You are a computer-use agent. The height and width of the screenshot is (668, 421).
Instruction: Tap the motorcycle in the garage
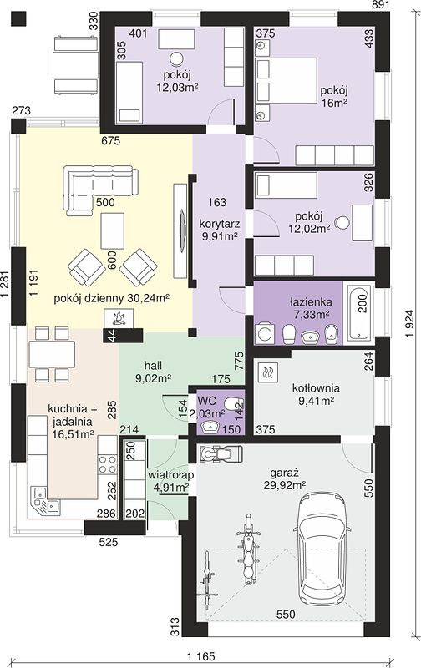tap(248, 549)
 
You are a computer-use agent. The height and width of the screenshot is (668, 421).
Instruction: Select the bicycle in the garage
tap(208, 576)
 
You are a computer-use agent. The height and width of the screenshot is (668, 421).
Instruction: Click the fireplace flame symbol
tap(119, 318)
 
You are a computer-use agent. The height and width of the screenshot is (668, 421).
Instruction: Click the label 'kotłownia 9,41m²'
tap(316, 394)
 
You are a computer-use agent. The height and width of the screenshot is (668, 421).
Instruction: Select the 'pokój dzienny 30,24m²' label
tap(112, 298)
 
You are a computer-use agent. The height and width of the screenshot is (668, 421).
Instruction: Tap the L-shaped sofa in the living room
tap(101, 187)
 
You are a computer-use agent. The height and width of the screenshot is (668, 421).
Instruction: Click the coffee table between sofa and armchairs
tap(113, 231)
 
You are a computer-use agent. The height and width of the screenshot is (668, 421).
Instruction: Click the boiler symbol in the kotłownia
tap(268, 373)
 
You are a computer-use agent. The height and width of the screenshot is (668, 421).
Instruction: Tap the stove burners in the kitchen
tap(108, 464)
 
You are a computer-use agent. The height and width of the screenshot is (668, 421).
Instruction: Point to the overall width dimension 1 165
tap(200, 656)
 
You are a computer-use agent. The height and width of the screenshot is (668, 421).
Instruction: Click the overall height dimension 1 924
tap(409, 324)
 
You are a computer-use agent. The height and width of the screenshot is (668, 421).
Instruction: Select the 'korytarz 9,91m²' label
tap(219, 230)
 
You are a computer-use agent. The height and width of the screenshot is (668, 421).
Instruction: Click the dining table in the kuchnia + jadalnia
tap(52, 354)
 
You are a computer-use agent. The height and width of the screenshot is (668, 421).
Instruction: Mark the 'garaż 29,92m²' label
tap(285, 478)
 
